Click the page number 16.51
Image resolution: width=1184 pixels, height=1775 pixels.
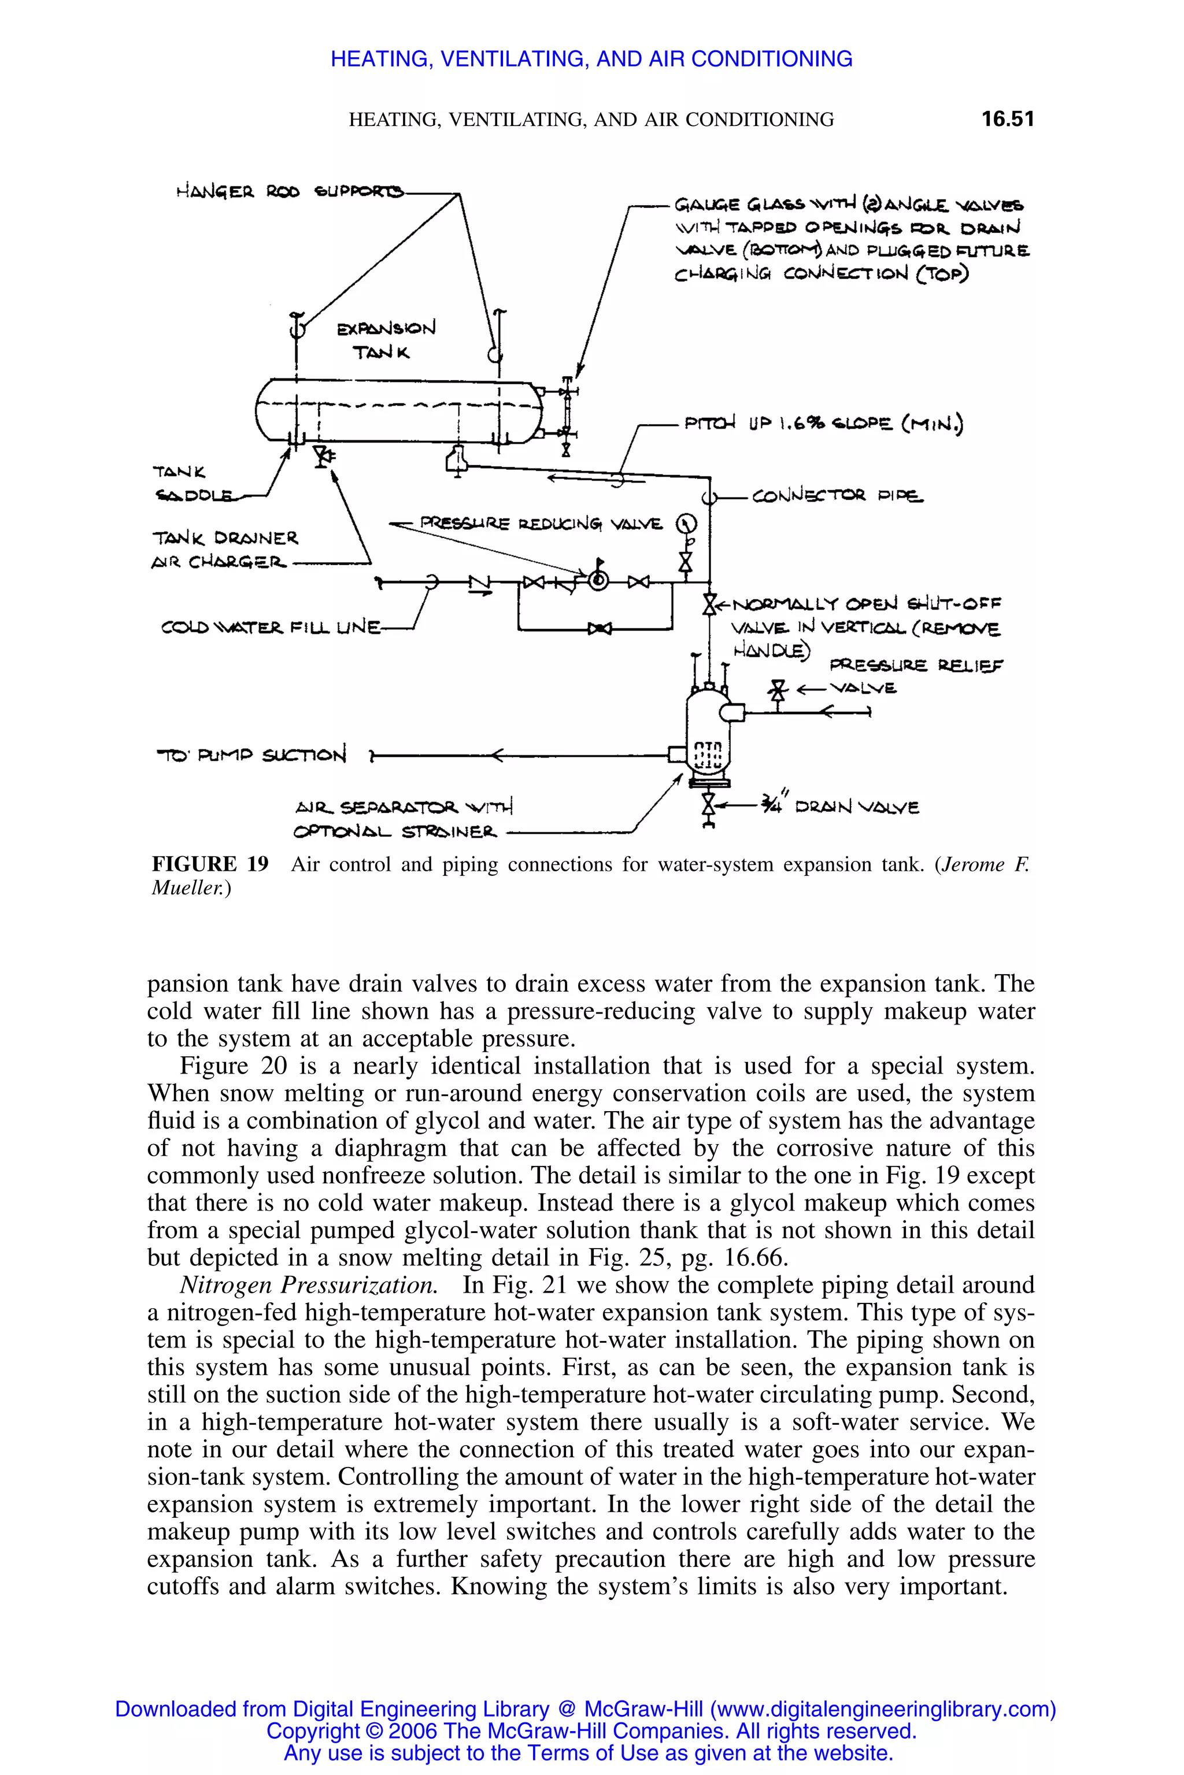[1007, 118]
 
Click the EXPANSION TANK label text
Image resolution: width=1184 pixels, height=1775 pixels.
[385, 340]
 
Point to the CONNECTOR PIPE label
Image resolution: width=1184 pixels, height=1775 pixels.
[837, 496]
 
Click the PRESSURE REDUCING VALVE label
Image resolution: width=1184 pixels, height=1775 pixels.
[541, 523]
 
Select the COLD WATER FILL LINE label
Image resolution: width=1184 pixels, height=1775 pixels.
[271, 627]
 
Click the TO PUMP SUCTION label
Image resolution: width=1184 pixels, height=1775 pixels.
[251, 755]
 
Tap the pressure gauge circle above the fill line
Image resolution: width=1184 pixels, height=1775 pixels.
[686, 523]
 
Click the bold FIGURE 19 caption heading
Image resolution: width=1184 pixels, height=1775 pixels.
[210, 864]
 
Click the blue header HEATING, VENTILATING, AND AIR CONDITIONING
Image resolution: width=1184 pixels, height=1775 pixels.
[591, 59]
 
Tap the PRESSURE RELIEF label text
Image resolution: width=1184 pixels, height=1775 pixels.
[916, 665]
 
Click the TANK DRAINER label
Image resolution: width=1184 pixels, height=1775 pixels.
[225, 538]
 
